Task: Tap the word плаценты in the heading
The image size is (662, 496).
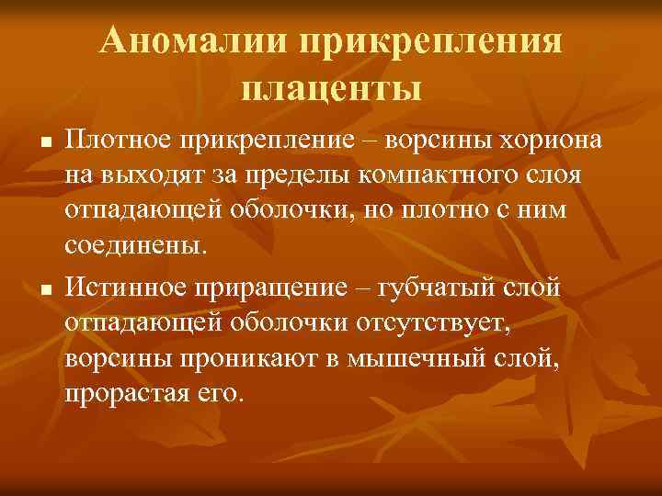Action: click(331, 89)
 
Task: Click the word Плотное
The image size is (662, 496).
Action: click(119, 142)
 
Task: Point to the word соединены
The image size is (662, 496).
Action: click(137, 245)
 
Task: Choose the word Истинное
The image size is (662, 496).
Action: click(124, 287)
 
